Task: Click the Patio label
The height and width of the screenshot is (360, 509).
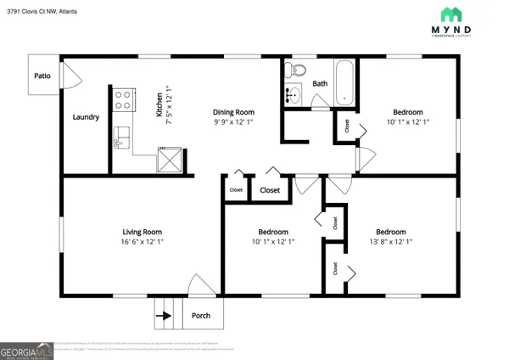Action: (43, 75)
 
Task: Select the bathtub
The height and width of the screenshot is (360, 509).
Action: (344, 83)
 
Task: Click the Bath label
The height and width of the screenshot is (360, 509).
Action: (320, 83)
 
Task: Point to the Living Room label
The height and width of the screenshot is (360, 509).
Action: (143, 232)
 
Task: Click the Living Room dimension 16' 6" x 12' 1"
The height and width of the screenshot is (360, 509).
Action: (143, 242)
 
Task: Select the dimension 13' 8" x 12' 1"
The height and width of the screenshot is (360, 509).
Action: (390, 242)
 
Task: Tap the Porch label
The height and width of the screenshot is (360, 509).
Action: (201, 315)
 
